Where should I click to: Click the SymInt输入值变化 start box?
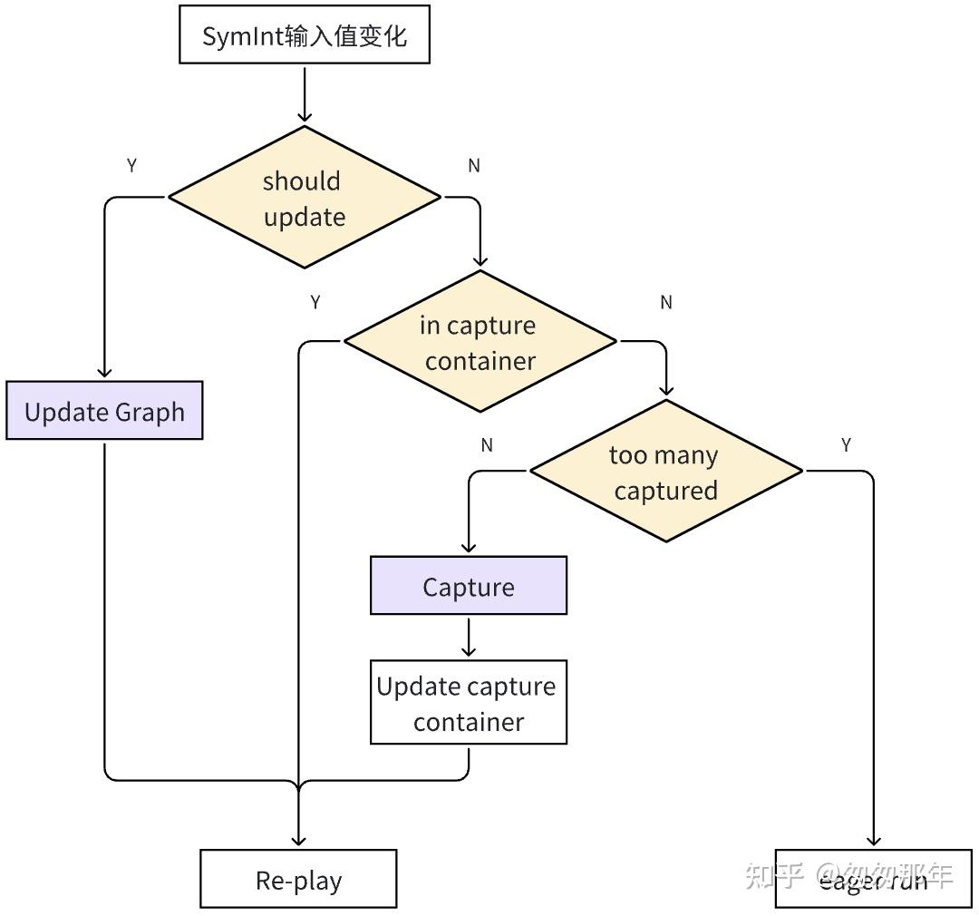coord(304,35)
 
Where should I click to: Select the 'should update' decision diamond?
coord(304,198)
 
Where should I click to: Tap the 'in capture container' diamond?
coord(480,342)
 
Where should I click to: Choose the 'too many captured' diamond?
coord(665,472)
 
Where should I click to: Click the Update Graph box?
coord(104,411)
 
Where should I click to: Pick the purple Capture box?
coord(469,586)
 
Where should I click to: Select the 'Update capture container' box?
coord(469,703)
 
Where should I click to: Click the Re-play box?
coord(298,880)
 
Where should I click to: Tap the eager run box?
coord(873,880)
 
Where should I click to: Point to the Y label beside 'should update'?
coord(131,166)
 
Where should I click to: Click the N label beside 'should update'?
coord(473,166)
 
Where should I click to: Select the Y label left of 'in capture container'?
coord(315,303)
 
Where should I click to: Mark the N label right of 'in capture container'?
coord(666,303)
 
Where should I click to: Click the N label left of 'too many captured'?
coord(487,445)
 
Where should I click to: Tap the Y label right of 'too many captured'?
coord(846,445)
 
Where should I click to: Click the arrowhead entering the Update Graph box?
coord(104,372)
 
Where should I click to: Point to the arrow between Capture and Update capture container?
coord(469,638)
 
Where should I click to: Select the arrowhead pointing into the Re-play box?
coord(298,840)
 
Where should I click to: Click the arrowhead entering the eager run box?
coord(874,840)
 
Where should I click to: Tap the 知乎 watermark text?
coord(773,875)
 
